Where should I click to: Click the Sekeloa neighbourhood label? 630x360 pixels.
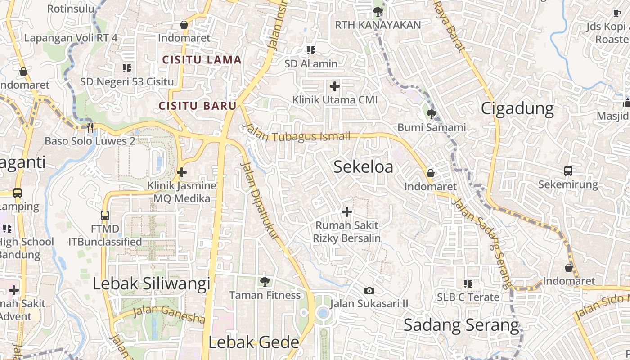(x=363, y=167)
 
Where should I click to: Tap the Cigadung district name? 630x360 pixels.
(x=517, y=108)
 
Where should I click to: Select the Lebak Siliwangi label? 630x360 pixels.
(x=151, y=283)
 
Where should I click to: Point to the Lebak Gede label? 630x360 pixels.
(x=254, y=342)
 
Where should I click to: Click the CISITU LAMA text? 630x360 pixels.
(x=202, y=60)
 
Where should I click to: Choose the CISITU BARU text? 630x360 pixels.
(x=198, y=106)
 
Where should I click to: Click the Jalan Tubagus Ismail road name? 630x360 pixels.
(x=297, y=134)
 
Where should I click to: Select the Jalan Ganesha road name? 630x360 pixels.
(x=169, y=314)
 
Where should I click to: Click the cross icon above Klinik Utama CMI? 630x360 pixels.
(x=335, y=86)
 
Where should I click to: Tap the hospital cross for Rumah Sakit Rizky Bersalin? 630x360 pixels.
(x=347, y=211)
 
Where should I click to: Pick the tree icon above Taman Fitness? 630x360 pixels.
(x=265, y=282)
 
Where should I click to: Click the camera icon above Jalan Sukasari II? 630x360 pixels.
(x=369, y=290)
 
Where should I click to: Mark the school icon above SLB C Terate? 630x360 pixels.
(x=468, y=284)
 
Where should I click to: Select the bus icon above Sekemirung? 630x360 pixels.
(x=568, y=171)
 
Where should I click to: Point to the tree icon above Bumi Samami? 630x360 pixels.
(x=432, y=114)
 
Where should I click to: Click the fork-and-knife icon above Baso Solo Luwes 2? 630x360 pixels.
(x=90, y=127)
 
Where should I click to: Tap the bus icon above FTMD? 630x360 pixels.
(x=105, y=216)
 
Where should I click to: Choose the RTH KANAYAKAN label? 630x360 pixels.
(x=378, y=25)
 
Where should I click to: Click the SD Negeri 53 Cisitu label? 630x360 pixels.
(x=127, y=82)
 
